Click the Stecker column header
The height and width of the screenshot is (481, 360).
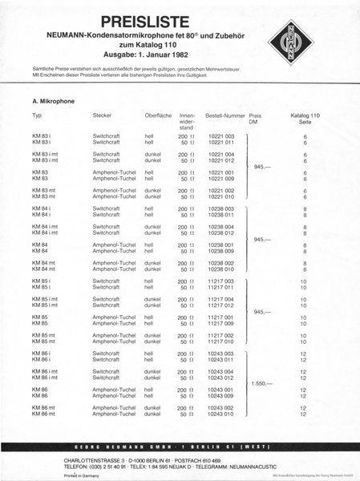pos(102,116)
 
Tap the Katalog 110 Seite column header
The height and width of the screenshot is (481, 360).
pos(305,119)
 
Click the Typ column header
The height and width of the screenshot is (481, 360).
pos(37,116)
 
